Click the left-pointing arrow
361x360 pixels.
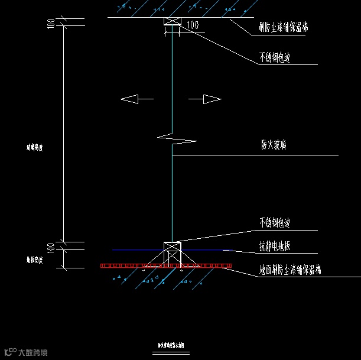click(136, 99)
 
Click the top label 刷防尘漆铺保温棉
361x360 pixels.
click(283, 27)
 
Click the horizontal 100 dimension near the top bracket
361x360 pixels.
click(193, 25)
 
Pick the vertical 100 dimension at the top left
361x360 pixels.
click(51, 23)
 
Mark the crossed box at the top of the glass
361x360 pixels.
click(171, 22)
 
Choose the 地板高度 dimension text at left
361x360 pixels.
click(34, 259)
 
